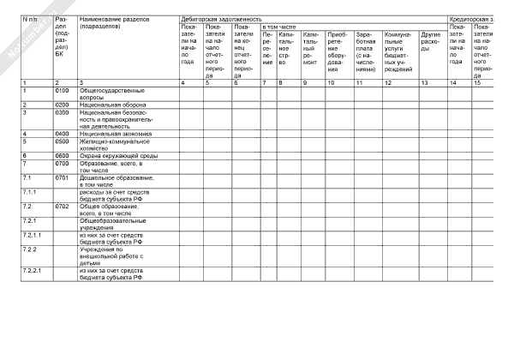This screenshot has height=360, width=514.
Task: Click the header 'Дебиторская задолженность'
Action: [x=222, y=18]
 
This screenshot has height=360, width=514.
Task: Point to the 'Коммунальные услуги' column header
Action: [x=398, y=51]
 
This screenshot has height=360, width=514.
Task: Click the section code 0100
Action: [x=62, y=90]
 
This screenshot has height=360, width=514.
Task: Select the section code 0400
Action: [x=62, y=134]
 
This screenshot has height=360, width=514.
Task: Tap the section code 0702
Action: [x=62, y=207]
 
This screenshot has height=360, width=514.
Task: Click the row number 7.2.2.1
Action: [x=32, y=272]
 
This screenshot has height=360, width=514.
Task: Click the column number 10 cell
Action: [x=332, y=81]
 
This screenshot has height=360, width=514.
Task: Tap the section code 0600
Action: [x=62, y=155]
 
